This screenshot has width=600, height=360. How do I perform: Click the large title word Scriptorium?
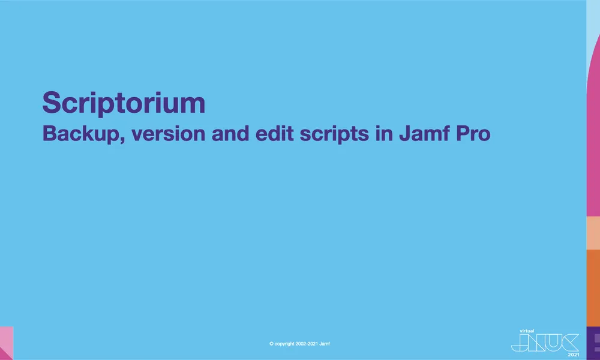coord(124,103)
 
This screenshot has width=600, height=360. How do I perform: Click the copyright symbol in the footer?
coord(272,344)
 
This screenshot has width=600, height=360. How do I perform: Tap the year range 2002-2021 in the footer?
coord(308,344)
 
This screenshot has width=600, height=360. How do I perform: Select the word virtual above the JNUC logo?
coord(526,330)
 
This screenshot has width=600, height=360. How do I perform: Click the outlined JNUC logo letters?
coord(545,342)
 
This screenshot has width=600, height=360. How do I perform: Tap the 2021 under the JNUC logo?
coord(573,354)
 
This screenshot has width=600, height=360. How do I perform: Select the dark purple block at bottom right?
coord(593,343)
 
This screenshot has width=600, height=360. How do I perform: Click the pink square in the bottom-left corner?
coord(6,343)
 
